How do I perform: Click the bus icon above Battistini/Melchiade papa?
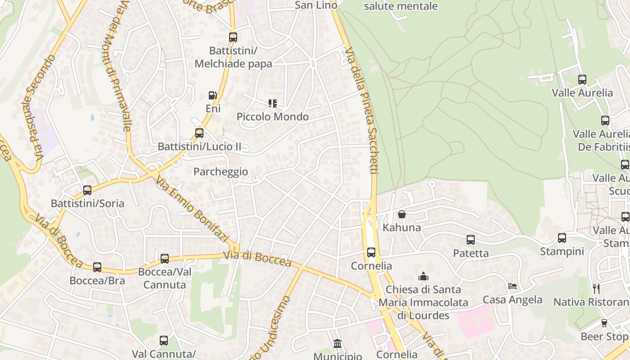[233, 37]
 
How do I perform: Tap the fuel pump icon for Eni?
[213, 95]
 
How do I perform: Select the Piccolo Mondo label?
[273, 117]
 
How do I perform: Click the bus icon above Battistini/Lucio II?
[199, 133]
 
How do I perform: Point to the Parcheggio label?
[220, 171]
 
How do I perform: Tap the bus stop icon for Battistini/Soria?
[87, 190]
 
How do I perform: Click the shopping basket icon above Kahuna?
[402, 214]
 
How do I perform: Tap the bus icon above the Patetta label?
[471, 240]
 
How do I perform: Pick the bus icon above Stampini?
[562, 238]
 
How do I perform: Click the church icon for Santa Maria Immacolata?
[423, 276]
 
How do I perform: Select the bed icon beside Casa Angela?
[513, 286]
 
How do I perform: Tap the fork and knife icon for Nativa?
[596, 288]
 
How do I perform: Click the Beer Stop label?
[604, 337]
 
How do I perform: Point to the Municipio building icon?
[337, 344]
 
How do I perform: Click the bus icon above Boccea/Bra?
[97, 267]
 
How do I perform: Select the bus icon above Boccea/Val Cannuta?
[165, 259]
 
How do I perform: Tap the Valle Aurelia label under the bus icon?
[582, 93]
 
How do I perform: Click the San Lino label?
[316, 5]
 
